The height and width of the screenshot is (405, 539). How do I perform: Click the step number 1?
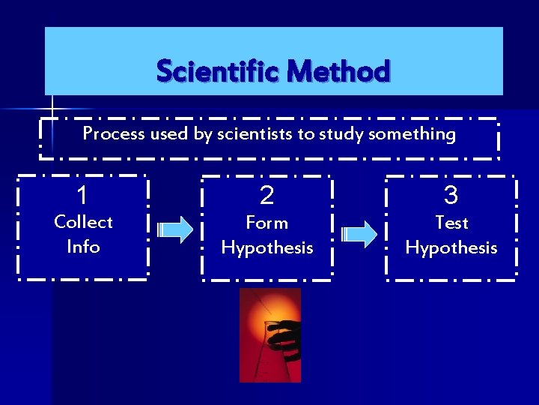tap(83, 195)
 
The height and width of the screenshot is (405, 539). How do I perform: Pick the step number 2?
tap(267, 196)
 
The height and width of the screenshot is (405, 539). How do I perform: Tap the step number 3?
tap(451, 196)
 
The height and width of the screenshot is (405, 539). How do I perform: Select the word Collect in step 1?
tap(83, 222)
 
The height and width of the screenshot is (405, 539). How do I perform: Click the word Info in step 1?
tap(83, 246)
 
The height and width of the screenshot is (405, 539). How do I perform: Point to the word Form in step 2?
tap(267, 223)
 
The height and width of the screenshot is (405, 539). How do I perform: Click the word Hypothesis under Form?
tap(267, 248)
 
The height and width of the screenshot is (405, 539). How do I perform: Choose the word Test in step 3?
tap(451, 223)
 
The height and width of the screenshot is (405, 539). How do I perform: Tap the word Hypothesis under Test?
tap(451, 248)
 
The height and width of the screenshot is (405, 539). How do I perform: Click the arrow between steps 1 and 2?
tap(177, 230)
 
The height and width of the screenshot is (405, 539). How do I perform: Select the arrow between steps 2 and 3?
tap(360, 233)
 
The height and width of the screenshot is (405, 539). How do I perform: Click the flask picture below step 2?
tap(269, 334)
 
